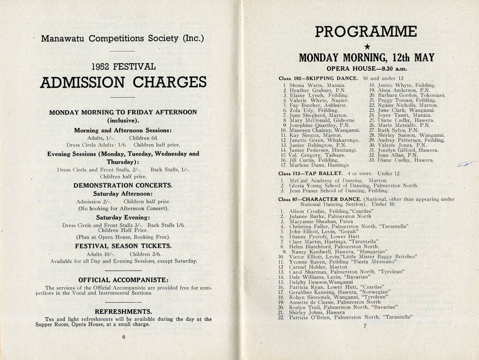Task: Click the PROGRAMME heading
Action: (x=366, y=32)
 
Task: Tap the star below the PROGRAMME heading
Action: (x=366, y=47)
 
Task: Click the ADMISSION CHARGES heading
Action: (x=123, y=82)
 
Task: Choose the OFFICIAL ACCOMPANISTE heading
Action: (x=123, y=280)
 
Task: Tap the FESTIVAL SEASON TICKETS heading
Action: (x=123, y=246)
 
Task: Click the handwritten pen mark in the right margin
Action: (x=463, y=164)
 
